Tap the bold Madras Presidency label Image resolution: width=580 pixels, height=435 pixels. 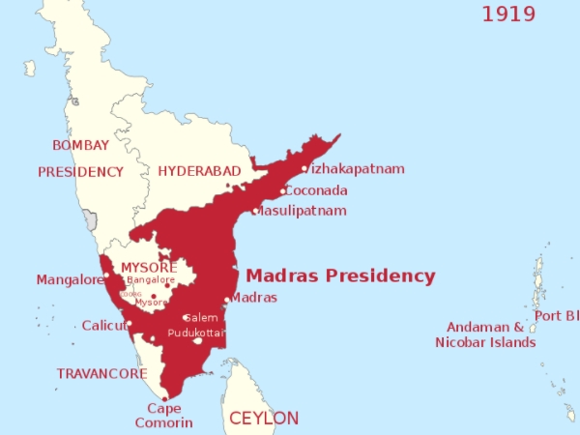coord(341,275)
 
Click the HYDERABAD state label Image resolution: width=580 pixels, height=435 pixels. coord(199,171)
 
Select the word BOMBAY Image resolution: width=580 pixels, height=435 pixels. coord(81,145)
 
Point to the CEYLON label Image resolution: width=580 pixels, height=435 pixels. coord(263,419)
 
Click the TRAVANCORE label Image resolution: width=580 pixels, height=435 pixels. coord(101,373)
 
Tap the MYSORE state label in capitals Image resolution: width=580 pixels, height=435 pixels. coord(149,267)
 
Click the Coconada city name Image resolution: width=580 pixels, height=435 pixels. coord(317,190)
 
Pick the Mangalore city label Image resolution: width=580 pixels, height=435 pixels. coord(70,280)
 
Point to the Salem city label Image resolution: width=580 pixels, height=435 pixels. coord(202,317)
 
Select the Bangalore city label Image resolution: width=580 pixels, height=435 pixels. coord(151,280)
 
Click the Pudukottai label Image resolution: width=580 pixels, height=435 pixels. coord(196,333)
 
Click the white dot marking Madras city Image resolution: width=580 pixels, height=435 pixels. coord(227,300)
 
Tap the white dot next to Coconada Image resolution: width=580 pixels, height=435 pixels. coord(283,190)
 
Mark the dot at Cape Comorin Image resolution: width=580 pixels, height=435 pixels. coord(164,397)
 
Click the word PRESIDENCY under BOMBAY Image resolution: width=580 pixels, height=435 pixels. coord(81,172)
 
